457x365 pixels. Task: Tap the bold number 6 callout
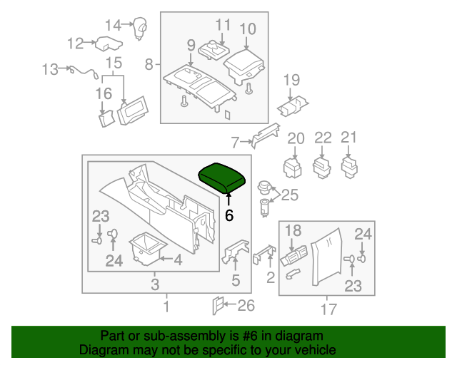coord(229,214)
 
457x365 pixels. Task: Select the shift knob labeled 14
coord(141,29)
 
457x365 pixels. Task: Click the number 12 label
coord(76,43)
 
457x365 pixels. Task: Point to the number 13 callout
coord(49,69)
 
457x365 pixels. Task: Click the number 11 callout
coord(223,25)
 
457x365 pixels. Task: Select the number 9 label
coord(191,46)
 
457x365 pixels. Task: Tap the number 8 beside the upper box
coord(149,65)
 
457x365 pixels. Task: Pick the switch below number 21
coord(349,166)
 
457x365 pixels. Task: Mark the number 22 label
coord(323,137)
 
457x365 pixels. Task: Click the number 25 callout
coord(289,195)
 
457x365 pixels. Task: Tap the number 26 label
coord(246,307)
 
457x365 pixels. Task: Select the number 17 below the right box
coord(328,309)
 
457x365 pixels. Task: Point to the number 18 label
coord(293,230)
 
